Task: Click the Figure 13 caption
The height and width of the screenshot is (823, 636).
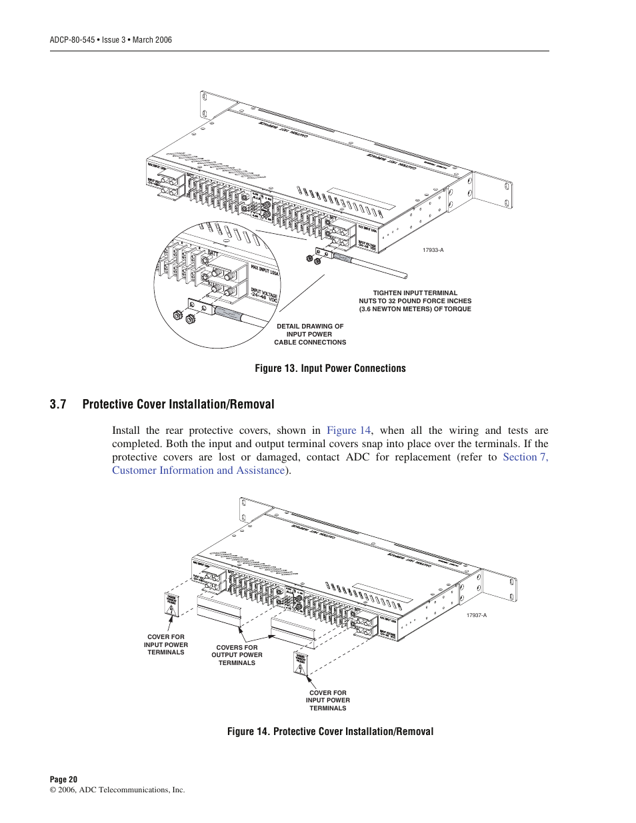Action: [x=330, y=369]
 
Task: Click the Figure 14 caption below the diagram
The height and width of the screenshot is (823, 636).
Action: [x=330, y=732]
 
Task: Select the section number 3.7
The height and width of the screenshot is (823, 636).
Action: [x=58, y=405]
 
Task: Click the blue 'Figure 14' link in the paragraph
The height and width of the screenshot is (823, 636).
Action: [x=348, y=430]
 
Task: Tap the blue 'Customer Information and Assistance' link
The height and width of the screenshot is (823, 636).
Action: [x=199, y=470]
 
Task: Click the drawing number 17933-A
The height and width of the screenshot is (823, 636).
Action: [x=433, y=250]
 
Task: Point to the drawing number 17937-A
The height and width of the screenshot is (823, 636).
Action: [x=476, y=615]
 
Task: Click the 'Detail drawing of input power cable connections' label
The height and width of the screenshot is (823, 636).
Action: [x=310, y=335]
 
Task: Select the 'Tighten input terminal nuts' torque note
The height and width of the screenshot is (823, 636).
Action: [x=415, y=301]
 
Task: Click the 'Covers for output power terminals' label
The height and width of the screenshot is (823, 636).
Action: [x=237, y=655]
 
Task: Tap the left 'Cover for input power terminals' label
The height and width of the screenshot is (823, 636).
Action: [x=166, y=644]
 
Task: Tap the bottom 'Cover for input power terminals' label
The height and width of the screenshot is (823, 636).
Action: [x=327, y=700]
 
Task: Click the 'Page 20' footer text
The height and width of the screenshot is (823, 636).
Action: [x=63, y=779]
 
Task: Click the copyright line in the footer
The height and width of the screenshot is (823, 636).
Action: [x=117, y=790]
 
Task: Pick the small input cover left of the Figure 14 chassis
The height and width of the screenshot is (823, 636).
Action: [x=171, y=604]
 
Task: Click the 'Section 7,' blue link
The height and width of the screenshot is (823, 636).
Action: [x=525, y=457]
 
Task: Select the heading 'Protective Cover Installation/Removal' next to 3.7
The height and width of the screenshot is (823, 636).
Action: [x=178, y=405]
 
